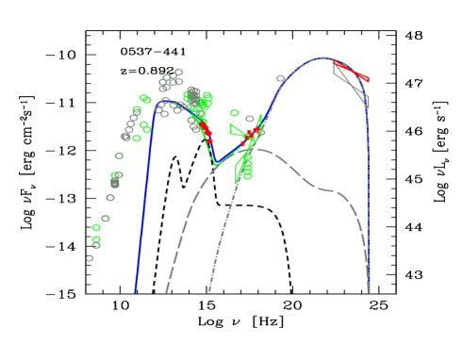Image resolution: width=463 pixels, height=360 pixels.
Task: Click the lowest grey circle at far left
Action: point(91,257)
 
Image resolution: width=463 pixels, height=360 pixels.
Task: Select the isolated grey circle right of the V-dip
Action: point(280,79)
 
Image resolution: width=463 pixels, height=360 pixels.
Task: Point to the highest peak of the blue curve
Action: point(322,58)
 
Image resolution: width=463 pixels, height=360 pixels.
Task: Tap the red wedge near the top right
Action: point(351,70)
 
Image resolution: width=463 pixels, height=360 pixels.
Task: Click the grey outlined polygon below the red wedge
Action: point(351,85)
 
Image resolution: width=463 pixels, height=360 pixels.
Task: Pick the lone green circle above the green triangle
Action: point(235,113)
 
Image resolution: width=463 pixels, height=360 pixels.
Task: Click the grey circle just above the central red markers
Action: point(250,120)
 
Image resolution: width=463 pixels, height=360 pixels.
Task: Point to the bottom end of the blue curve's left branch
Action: point(135,291)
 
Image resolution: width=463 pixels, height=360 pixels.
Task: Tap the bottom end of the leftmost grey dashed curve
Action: point(166,291)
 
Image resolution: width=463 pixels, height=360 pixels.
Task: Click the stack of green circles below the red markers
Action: point(247,168)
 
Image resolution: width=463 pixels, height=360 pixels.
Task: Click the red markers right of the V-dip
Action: point(252,135)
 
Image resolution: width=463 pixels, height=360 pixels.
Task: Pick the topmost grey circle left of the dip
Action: point(178,73)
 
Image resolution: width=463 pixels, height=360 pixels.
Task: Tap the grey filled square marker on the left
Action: point(115,183)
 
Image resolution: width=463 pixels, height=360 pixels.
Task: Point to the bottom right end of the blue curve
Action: point(369,290)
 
